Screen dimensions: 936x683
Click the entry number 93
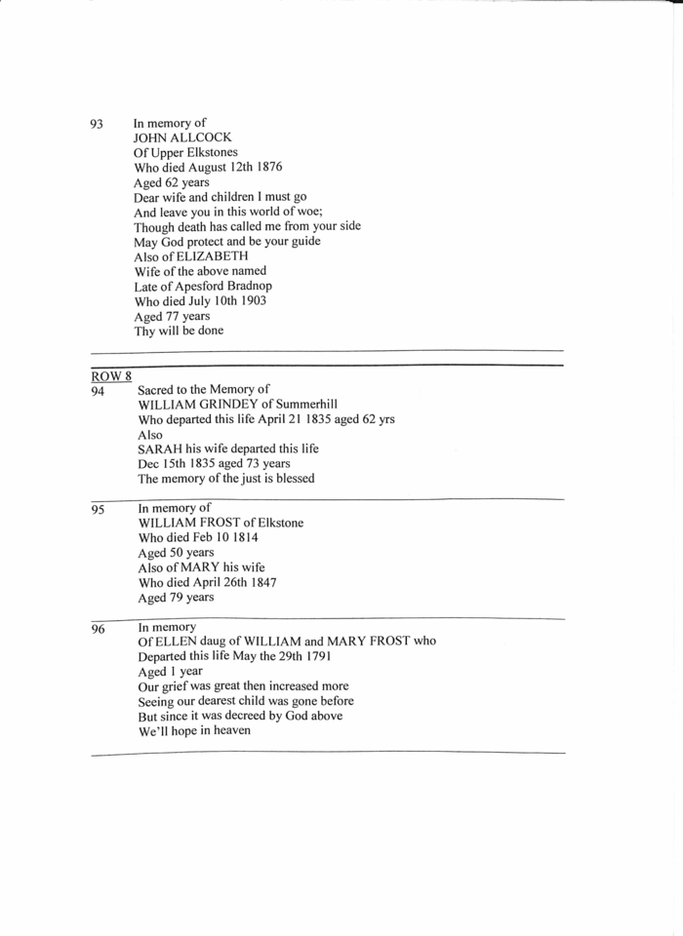pos(97,125)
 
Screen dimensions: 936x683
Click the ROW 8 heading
pos(111,375)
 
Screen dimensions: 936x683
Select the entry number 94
pos(98,390)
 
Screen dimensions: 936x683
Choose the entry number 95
pos(98,509)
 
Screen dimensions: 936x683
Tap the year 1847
pos(262,582)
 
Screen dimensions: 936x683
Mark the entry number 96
pos(98,629)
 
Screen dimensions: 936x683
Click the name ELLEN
pos(176,641)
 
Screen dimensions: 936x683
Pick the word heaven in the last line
pos(229,730)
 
